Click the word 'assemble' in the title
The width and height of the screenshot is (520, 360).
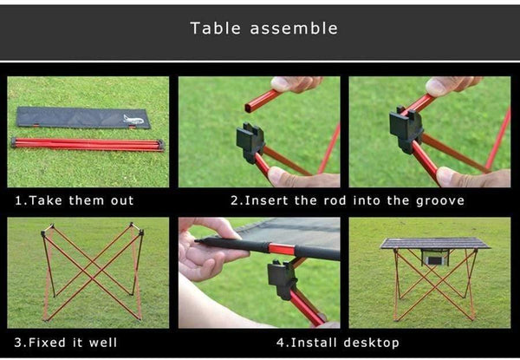pyautogui.click(x=294, y=29)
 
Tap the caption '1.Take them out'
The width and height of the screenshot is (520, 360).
pyautogui.click(x=75, y=200)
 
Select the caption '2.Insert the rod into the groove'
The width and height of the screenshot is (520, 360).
pyautogui.click(x=348, y=200)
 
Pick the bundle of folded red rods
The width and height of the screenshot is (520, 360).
pyautogui.click(x=88, y=144)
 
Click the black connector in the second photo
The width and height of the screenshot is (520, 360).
pyautogui.click(x=250, y=139)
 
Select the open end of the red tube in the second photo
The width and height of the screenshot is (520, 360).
pyautogui.click(x=250, y=108)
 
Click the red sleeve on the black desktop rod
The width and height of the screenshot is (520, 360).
pyautogui.click(x=281, y=249)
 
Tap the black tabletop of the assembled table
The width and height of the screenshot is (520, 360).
pyautogui.click(x=434, y=243)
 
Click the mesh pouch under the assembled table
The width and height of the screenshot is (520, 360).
pyautogui.click(x=434, y=259)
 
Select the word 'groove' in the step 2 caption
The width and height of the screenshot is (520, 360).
pyautogui.click(x=441, y=200)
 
